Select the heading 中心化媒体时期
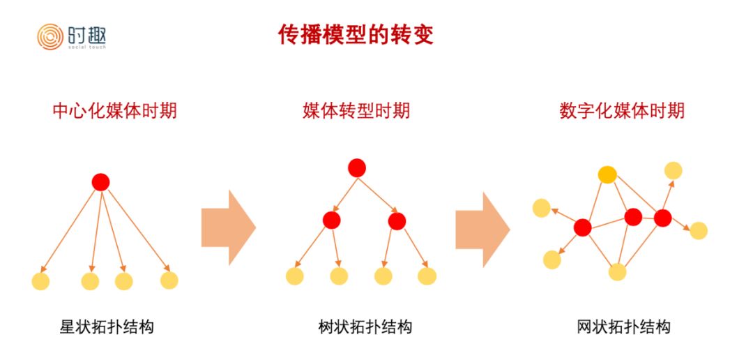[114, 110]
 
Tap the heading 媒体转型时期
[356, 110]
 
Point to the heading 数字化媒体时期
[622, 110]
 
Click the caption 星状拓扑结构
[107, 327]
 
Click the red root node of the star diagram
[101, 182]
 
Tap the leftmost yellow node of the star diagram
[40, 281]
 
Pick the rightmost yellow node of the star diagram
[169, 280]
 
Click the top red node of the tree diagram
[357, 167]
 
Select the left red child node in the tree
[332, 220]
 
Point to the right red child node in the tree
[397, 221]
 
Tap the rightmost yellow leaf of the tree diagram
[427, 276]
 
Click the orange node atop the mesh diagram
[607, 174]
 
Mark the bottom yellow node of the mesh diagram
[617, 271]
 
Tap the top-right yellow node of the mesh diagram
[674, 170]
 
